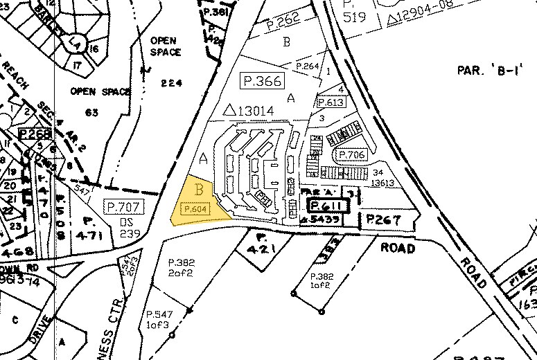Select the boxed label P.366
[262, 81]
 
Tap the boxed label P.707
[122, 206]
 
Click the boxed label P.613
[330, 102]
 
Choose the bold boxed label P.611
[325, 206]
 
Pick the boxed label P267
[380, 219]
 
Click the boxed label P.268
[35, 134]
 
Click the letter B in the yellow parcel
[199, 188]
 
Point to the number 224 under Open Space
[170, 84]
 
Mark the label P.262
[284, 24]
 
